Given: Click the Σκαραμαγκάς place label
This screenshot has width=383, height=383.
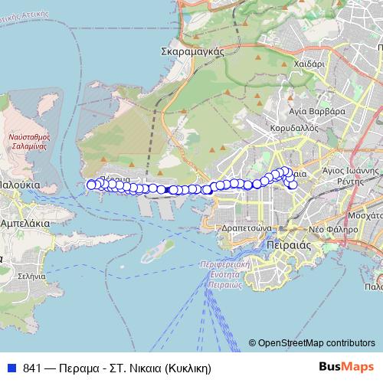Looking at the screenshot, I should tap(191, 51).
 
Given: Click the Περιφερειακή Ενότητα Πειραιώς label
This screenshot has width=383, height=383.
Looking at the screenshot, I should tap(228, 273).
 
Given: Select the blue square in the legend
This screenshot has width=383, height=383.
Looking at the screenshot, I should tap(12, 367).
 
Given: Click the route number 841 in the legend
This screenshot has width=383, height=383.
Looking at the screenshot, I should tap(31, 367).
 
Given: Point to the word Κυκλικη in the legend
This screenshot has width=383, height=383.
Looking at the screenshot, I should tap(185, 367).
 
